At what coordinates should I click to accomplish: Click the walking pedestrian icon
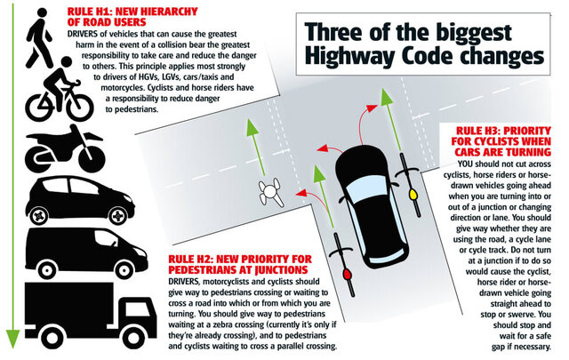tap(41, 38)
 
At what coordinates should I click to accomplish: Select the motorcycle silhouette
tap(65, 148)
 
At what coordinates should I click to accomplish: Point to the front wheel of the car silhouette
tap(118, 216)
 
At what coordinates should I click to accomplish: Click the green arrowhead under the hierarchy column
tap(12, 339)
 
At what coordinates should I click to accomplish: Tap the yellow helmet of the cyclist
tap(413, 195)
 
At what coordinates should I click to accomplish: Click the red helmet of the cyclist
tap(348, 274)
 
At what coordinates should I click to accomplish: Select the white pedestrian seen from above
tap(270, 192)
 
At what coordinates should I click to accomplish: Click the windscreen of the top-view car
tap(367, 189)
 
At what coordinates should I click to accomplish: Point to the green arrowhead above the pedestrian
tap(252, 127)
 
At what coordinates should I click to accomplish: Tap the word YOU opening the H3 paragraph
tap(465, 164)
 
